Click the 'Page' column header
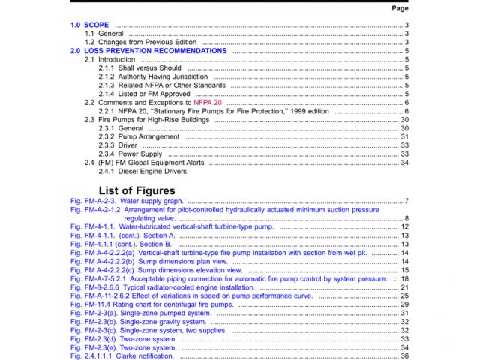tap(400, 8)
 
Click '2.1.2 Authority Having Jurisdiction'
tap(153, 76)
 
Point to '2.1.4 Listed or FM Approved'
tap(144, 94)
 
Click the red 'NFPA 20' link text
tap(208, 103)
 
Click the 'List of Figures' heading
tap(136, 190)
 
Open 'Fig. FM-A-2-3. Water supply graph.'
tap(126, 201)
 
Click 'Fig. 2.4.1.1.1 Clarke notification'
tap(121, 355)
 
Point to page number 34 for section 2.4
tap(404, 163)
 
